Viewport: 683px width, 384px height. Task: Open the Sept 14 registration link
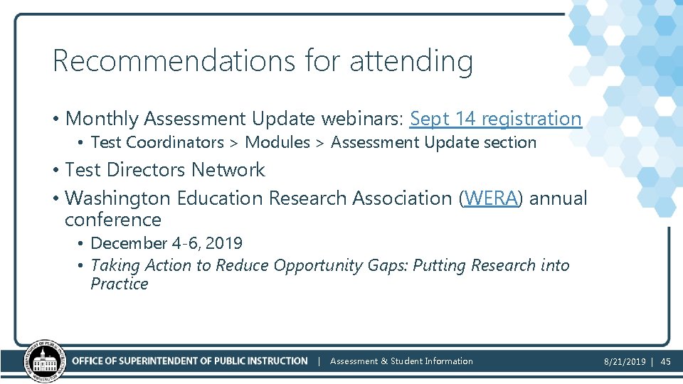pyautogui.click(x=496, y=119)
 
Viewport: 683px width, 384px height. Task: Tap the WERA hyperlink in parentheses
pyautogui.click(x=491, y=198)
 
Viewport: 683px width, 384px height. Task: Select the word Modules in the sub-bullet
pyautogui.click(x=277, y=142)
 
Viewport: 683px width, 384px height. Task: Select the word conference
pyautogui.click(x=112, y=220)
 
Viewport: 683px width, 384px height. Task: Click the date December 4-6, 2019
pyautogui.click(x=166, y=243)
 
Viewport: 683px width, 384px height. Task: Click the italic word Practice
pyautogui.click(x=120, y=284)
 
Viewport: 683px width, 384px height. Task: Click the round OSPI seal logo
pyautogui.click(x=45, y=361)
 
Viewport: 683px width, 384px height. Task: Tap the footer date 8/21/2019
pyautogui.click(x=625, y=362)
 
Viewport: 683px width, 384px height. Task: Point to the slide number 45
pyautogui.click(x=666, y=362)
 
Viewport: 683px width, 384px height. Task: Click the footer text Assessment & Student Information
pyautogui.click(x=401, y=361)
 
